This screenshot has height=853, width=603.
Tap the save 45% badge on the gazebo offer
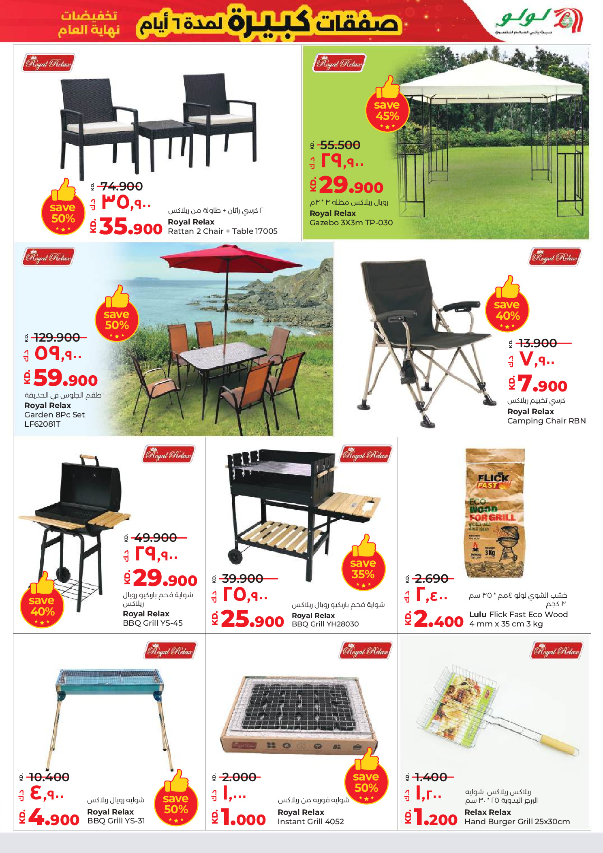(387, 110)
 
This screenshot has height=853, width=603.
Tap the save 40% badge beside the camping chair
(507, 310)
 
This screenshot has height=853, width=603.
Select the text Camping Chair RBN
(546, 421)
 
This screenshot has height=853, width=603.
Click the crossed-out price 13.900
(538, 343)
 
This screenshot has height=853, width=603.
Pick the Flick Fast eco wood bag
(495, 513)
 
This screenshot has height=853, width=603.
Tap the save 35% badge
(363, 569)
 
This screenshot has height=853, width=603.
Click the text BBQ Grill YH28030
(325, 624)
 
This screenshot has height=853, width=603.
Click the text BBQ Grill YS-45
(153, 623)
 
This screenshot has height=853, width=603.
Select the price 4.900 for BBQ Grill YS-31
(54, 819)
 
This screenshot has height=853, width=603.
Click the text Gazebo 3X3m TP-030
(351, 222)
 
